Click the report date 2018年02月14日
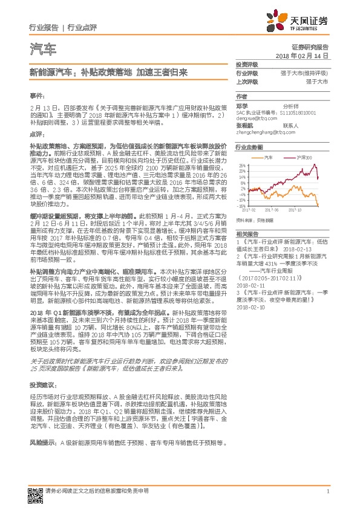coord(301,55)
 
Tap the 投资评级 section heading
coord(247,64)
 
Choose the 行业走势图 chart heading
coord(249,147)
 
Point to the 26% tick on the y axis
coord(242,164)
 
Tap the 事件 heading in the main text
coord(36,96)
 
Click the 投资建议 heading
coord(41,384)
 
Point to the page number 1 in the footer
coord(327,491)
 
